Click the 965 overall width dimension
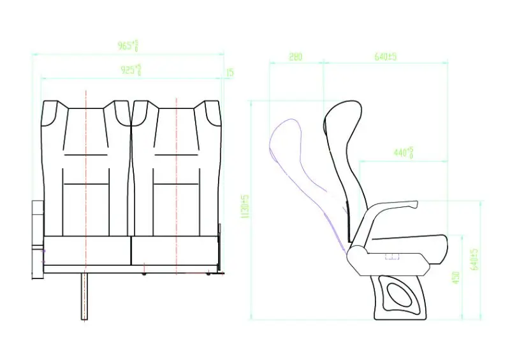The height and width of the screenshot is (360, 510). point(127,46)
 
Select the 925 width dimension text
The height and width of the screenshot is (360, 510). point(131,69)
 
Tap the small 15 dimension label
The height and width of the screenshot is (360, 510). point(229,73)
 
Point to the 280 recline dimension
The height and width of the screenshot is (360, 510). point(295,57)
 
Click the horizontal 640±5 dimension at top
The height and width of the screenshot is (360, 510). point(386,57)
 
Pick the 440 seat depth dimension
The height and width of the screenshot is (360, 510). point(403,153)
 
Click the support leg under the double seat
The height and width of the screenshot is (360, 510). point(84,296)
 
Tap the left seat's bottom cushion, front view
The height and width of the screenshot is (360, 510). point(87,250)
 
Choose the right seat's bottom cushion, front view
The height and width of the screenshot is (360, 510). point(173,250)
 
